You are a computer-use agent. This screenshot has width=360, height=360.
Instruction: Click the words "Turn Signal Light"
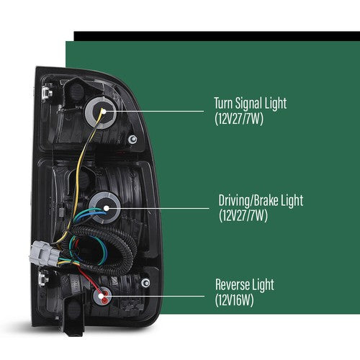pyautogui.click(x=251, y=103)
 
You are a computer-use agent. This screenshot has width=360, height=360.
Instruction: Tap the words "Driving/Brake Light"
pyautogui.click(x=261, y=200)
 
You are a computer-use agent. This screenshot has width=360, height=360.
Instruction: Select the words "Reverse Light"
pyautogui.click(x=245, y=284)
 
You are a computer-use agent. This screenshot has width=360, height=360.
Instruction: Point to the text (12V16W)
pyautogui.click(x=234, y=300)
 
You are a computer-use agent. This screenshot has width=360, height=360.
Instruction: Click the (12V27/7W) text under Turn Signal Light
pyautogui.click(x=239, y=119)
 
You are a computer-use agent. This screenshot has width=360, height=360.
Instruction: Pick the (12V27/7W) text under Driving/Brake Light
pyautogui.click(x=243, y=215)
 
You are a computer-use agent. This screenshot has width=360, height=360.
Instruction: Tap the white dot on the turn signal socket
pyautogui.click(x=104, y=112)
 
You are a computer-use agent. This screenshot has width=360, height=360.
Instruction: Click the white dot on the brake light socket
pyautogui.click(x=107, y=208)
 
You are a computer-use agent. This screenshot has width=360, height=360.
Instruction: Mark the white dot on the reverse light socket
pyautogui.click(x=102, y=296)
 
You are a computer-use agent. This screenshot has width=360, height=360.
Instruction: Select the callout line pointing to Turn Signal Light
pyautogui.click(x=154, y=112)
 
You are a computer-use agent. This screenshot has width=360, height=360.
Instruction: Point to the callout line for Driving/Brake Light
pyautogui.click(x=158, y=208)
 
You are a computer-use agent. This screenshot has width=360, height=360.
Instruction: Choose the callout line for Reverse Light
pyautogui.click(x=153, y=296)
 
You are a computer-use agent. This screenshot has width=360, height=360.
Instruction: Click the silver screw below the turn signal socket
pyautogui.click(x=132, y=139)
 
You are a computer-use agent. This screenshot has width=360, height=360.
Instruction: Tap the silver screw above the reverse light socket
pyautogui.click(x=145, y=283)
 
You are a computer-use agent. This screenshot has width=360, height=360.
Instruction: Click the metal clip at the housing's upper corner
pyautogui.click(x=47, y=92)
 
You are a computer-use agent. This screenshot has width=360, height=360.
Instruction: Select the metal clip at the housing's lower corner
pyautogui.click(x=43, y=279)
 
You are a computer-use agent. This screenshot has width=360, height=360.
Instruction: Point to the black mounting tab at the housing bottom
pyautogui.click(x=74, y=315)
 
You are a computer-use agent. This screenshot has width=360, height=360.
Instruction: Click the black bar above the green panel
pyautogui.click(x=217, y=36)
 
